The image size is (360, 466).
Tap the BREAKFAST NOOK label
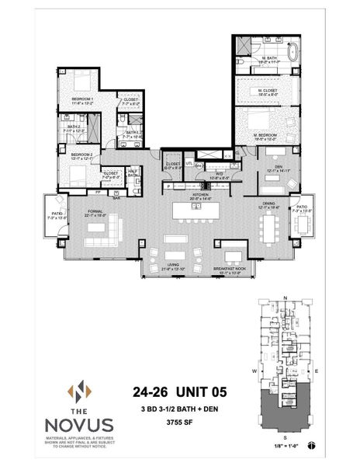[230, 270]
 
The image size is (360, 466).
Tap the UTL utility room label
[189, 163]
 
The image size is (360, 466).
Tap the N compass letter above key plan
[286, 297]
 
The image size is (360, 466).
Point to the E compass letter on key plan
[320, 371]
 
